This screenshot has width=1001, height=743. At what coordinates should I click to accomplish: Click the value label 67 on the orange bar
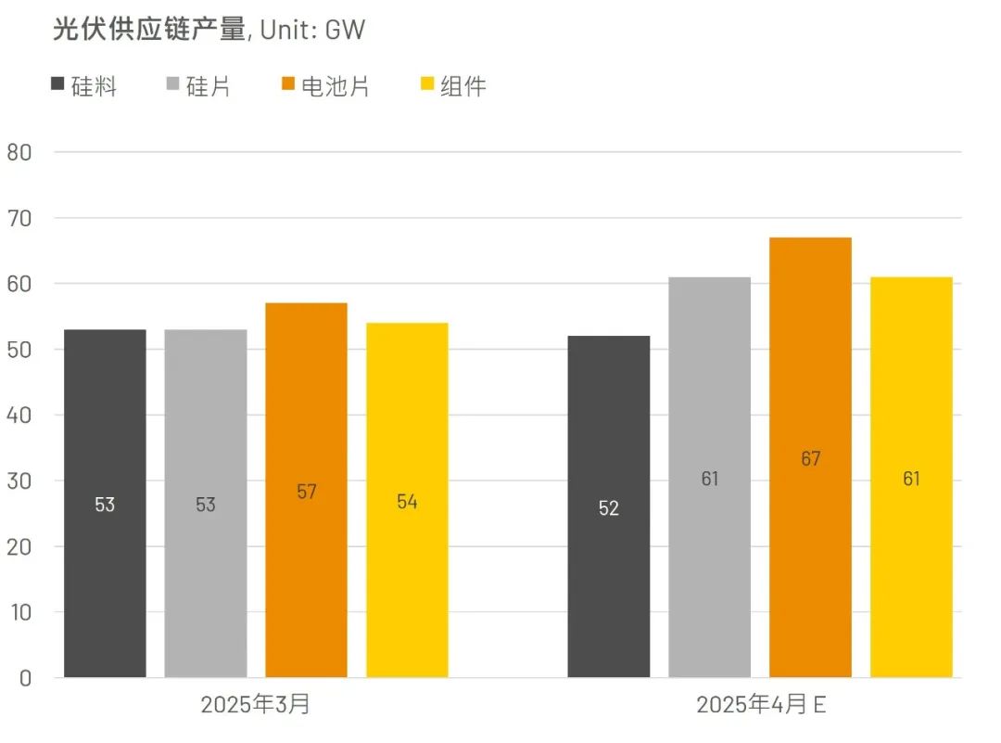[811, 459]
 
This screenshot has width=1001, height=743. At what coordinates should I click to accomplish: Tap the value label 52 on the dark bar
[608, 508]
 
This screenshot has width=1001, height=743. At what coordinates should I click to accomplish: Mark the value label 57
[307, 493]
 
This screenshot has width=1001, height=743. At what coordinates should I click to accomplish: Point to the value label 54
[407, 502]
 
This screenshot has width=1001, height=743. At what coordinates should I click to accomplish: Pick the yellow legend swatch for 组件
[427, 86]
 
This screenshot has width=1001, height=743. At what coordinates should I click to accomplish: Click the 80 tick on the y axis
[19, 153]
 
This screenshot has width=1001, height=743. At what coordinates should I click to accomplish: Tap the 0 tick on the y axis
[25, 678]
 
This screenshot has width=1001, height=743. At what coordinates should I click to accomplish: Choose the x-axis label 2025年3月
[256, 705]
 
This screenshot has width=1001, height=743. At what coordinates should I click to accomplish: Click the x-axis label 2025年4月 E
[761, 705]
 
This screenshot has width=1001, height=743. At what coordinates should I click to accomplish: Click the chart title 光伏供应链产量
[149, 30]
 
